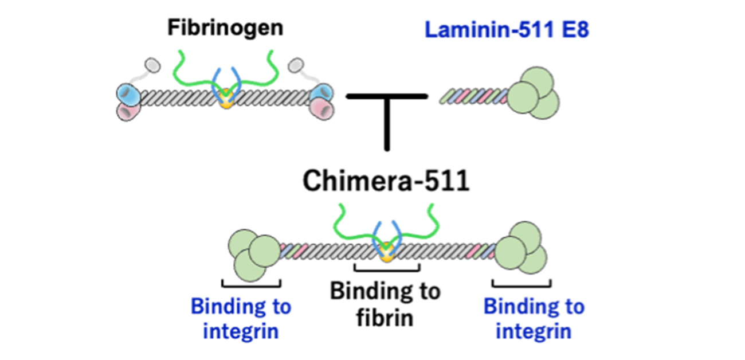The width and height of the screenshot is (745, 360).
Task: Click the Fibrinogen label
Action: click(225, 28)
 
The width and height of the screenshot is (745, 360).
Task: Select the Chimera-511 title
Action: click(386, 181)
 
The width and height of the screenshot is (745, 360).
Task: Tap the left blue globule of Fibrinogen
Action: click(128, 93)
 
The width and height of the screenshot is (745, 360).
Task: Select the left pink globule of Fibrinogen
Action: click(129, 110)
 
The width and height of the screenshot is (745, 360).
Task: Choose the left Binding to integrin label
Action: click(241, 318)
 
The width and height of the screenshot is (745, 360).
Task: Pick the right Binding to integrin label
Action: click(534, 318)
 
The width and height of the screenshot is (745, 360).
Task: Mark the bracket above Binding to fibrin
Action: click(387, 268)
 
